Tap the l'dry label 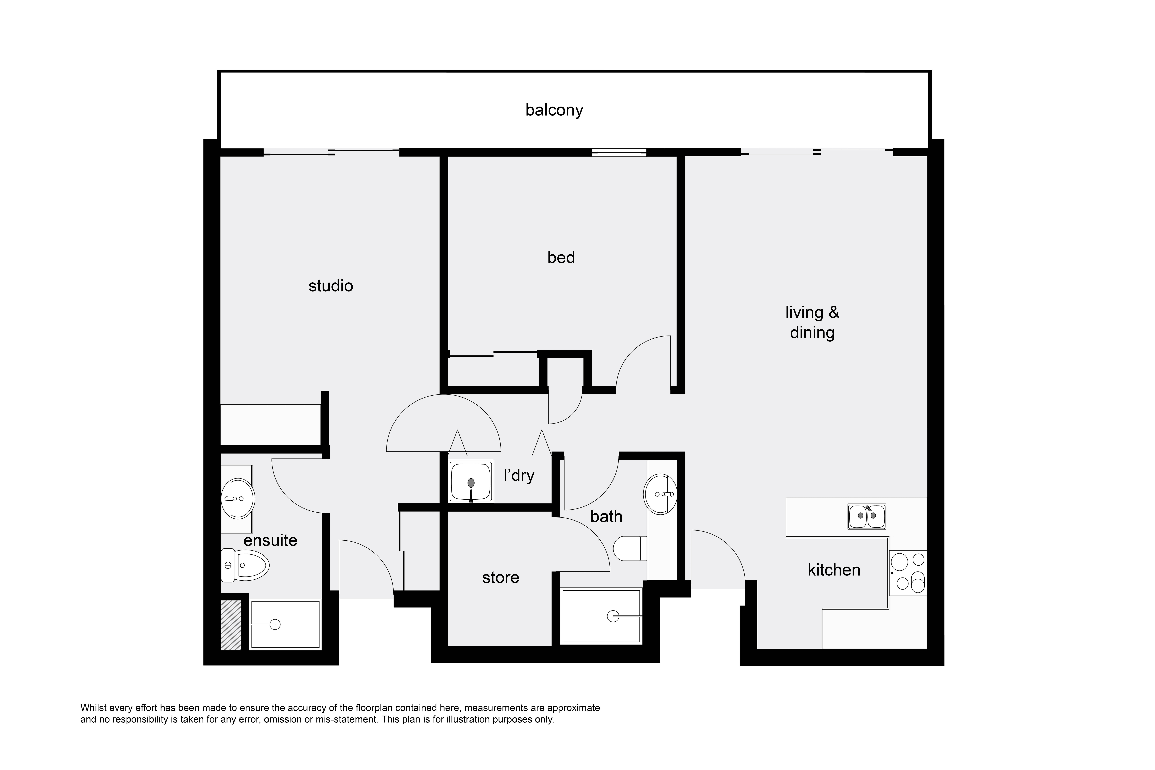(519, 475)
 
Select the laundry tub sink (471, 482)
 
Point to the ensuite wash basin (238, 498)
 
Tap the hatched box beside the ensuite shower (231, 625)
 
